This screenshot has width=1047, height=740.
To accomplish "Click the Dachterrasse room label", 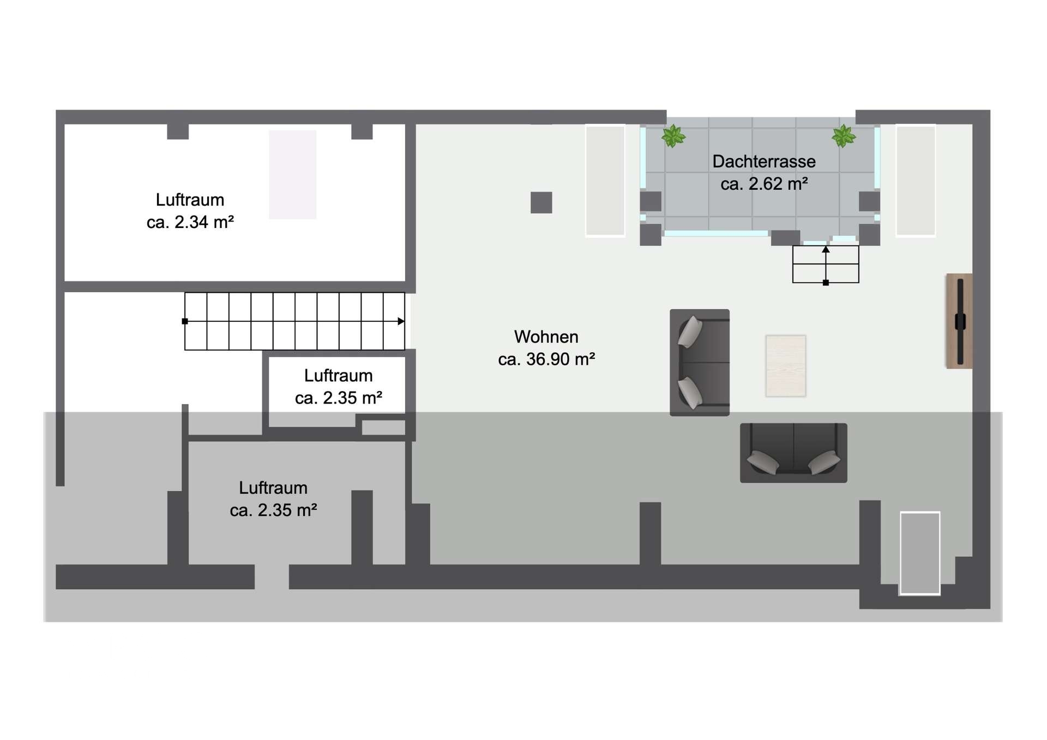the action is (764, 161).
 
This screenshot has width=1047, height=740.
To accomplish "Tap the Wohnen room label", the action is (546, 336).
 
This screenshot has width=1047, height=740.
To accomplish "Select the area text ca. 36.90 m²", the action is (546, 359).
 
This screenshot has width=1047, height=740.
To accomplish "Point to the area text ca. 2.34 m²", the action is (190, 222).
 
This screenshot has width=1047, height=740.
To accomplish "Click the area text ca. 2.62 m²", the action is (764, 184).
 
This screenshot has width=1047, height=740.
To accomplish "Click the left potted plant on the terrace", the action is (673, 136).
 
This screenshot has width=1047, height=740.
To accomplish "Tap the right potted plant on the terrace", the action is (844, 136).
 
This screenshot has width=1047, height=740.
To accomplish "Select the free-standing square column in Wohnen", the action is (541, 202).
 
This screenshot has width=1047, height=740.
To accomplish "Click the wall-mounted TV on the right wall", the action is (959, 321).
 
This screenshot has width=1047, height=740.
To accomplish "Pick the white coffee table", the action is (786, 366).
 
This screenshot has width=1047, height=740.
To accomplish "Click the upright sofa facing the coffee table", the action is (700, 363).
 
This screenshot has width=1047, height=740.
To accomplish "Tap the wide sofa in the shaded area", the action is (793, 453).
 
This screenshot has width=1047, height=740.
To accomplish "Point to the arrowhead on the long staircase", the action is (401, 321).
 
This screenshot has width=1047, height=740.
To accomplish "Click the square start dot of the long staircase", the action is (185, 321).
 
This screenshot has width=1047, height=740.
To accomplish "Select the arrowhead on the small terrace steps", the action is (826, 249).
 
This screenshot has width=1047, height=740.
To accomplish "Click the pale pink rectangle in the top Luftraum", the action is (293, 175).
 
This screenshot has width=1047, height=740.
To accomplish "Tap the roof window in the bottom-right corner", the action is (920, 553).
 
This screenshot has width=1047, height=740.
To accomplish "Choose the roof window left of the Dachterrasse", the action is (605, 181).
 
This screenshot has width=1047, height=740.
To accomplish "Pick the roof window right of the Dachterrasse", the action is (916, 181).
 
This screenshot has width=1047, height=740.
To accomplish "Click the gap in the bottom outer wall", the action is (272, 577).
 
